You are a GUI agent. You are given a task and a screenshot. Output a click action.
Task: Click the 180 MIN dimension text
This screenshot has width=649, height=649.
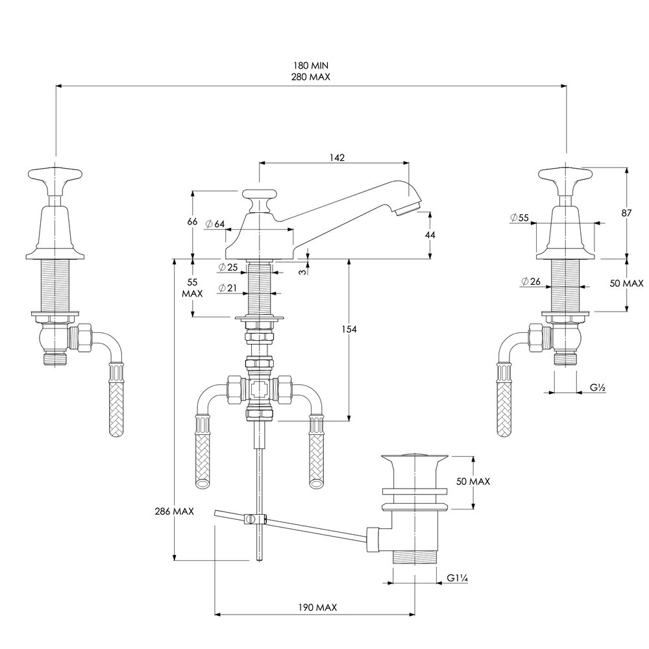310,66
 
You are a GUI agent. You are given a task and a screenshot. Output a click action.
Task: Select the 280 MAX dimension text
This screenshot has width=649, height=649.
310,77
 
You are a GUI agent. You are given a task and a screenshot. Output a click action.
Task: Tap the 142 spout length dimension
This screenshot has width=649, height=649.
336,157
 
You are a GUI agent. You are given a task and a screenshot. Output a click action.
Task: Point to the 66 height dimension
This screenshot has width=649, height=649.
192,221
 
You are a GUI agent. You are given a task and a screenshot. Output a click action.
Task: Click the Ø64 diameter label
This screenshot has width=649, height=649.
215,224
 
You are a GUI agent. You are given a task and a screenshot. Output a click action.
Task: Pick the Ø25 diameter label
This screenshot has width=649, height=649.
228,267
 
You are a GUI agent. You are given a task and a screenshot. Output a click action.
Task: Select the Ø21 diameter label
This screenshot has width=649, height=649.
228,288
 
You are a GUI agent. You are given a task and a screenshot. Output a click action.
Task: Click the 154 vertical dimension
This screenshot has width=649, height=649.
350,330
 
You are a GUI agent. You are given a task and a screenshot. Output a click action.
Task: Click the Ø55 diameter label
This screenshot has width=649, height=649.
520,218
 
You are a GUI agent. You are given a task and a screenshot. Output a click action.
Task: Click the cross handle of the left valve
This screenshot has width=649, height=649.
55,175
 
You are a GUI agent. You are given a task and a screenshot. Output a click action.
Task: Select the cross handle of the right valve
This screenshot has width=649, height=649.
565,175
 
